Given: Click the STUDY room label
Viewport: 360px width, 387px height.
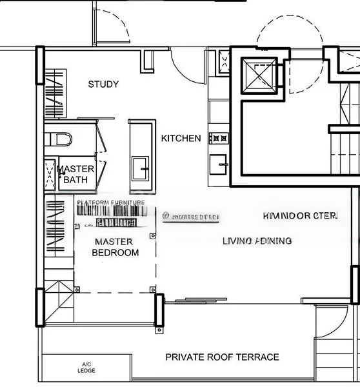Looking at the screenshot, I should point(103,84).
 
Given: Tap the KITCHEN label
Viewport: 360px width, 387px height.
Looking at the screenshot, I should point(181,139).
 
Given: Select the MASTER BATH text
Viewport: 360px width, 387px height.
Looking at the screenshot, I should point(77,174).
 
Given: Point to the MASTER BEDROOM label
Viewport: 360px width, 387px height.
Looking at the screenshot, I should point(115,247).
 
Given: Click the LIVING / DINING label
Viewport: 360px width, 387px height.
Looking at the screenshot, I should point(257,241).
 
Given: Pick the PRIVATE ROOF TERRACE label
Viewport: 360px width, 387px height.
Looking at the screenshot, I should point(222,357).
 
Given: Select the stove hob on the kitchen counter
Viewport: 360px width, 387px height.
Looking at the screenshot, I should point(219,137).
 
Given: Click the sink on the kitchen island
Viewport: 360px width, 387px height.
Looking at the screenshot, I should point(141,170).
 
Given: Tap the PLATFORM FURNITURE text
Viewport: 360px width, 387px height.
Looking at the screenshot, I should point(111,203).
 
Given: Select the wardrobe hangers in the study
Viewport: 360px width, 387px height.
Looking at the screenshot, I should point(54,94).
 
